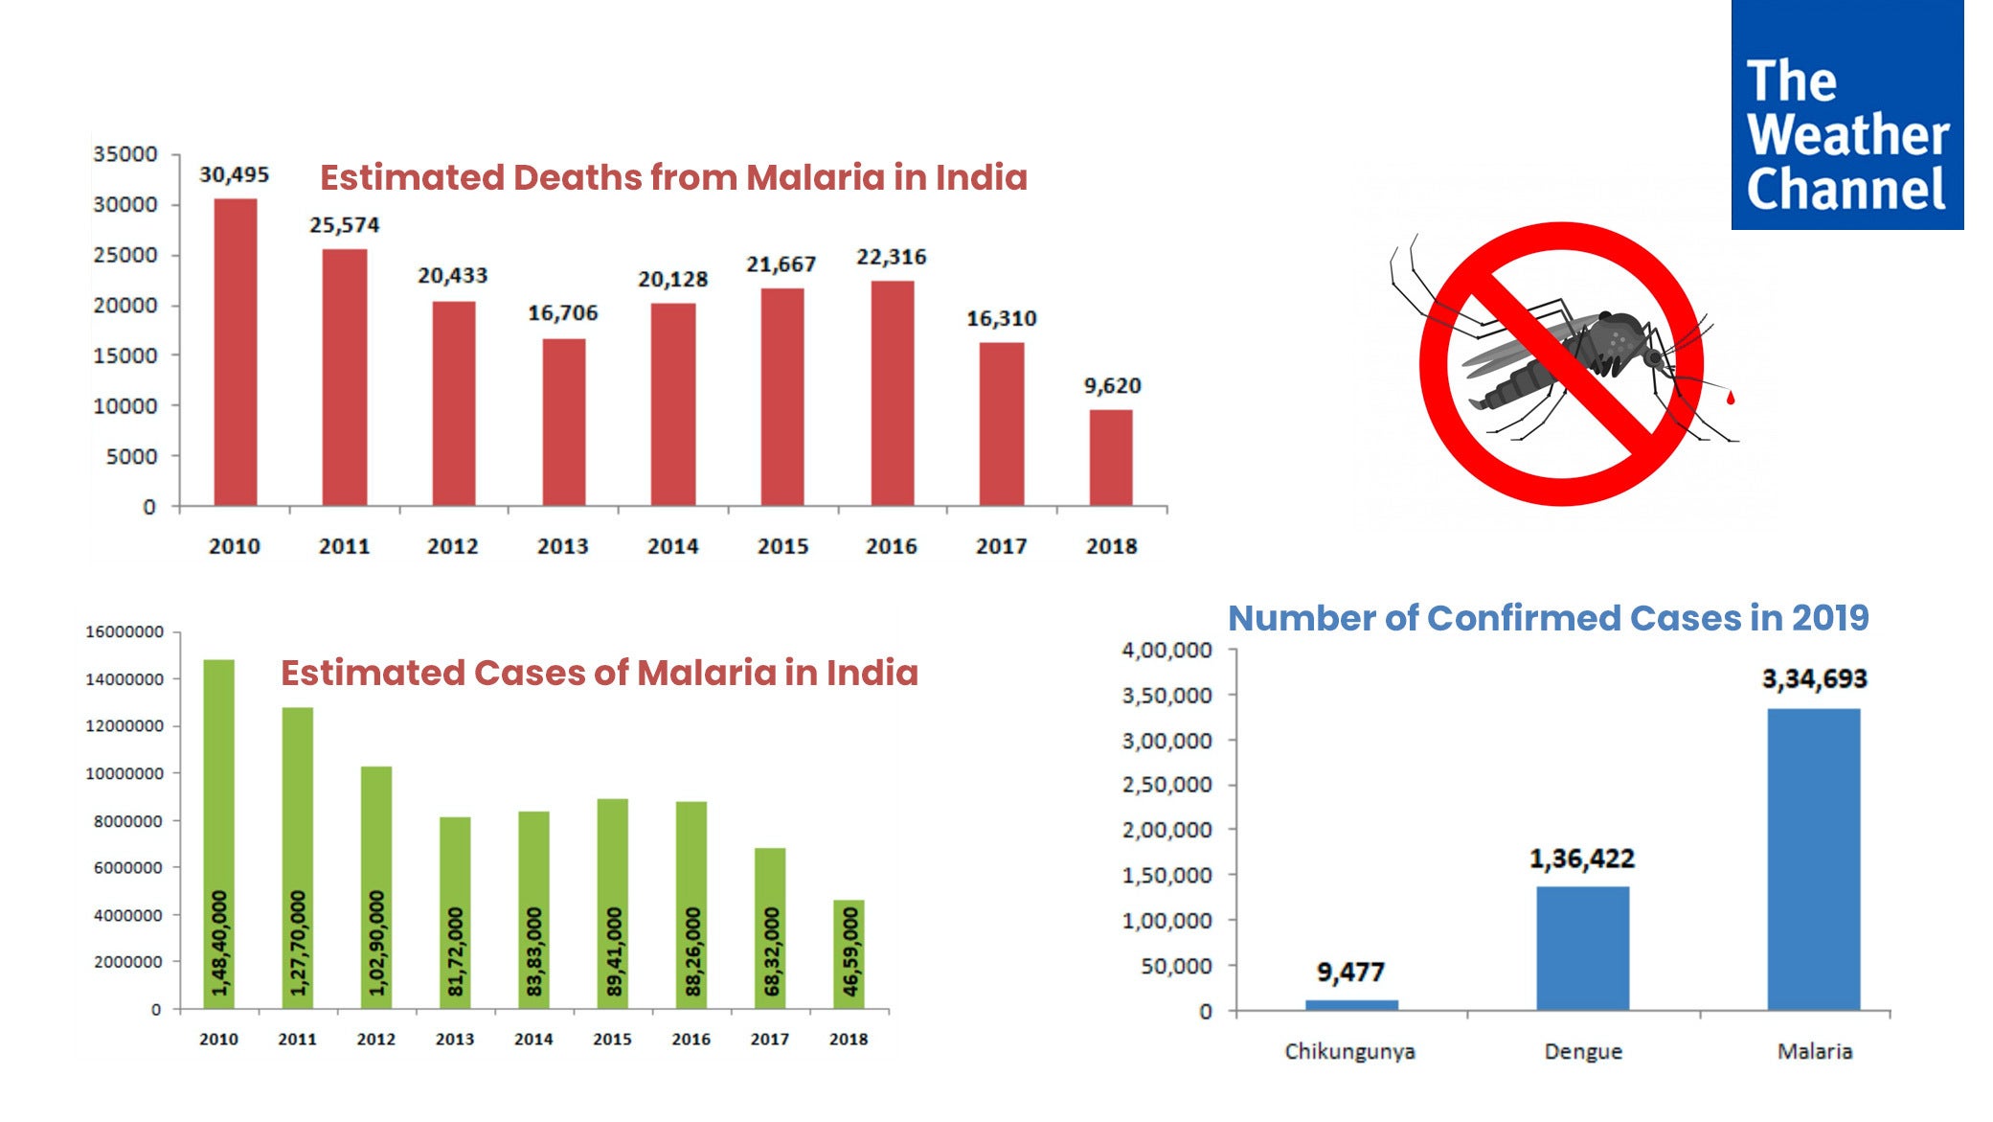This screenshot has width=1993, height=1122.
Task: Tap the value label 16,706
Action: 562,313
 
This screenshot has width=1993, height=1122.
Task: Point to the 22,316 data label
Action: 891,257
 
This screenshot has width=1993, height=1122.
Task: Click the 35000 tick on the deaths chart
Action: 125,154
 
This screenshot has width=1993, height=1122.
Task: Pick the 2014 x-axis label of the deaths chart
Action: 672,546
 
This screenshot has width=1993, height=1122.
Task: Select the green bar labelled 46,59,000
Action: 849,953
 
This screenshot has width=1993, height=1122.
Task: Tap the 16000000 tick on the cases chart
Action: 125,632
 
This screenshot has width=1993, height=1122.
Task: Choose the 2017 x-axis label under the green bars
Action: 769,1039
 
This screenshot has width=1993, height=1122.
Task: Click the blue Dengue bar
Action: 1582,948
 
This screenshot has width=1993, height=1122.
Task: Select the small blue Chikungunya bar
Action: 1351,1004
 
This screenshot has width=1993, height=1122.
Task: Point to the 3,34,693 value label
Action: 1814,679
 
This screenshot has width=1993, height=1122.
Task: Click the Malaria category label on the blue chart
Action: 1814,1051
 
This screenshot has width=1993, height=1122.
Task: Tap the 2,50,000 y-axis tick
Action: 1166,785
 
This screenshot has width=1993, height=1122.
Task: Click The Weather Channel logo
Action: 1846,115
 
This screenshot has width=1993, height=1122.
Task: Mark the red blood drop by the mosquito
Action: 1730,397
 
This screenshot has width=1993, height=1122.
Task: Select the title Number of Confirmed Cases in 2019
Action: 1548,618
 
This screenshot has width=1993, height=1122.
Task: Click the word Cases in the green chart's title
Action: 528,673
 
